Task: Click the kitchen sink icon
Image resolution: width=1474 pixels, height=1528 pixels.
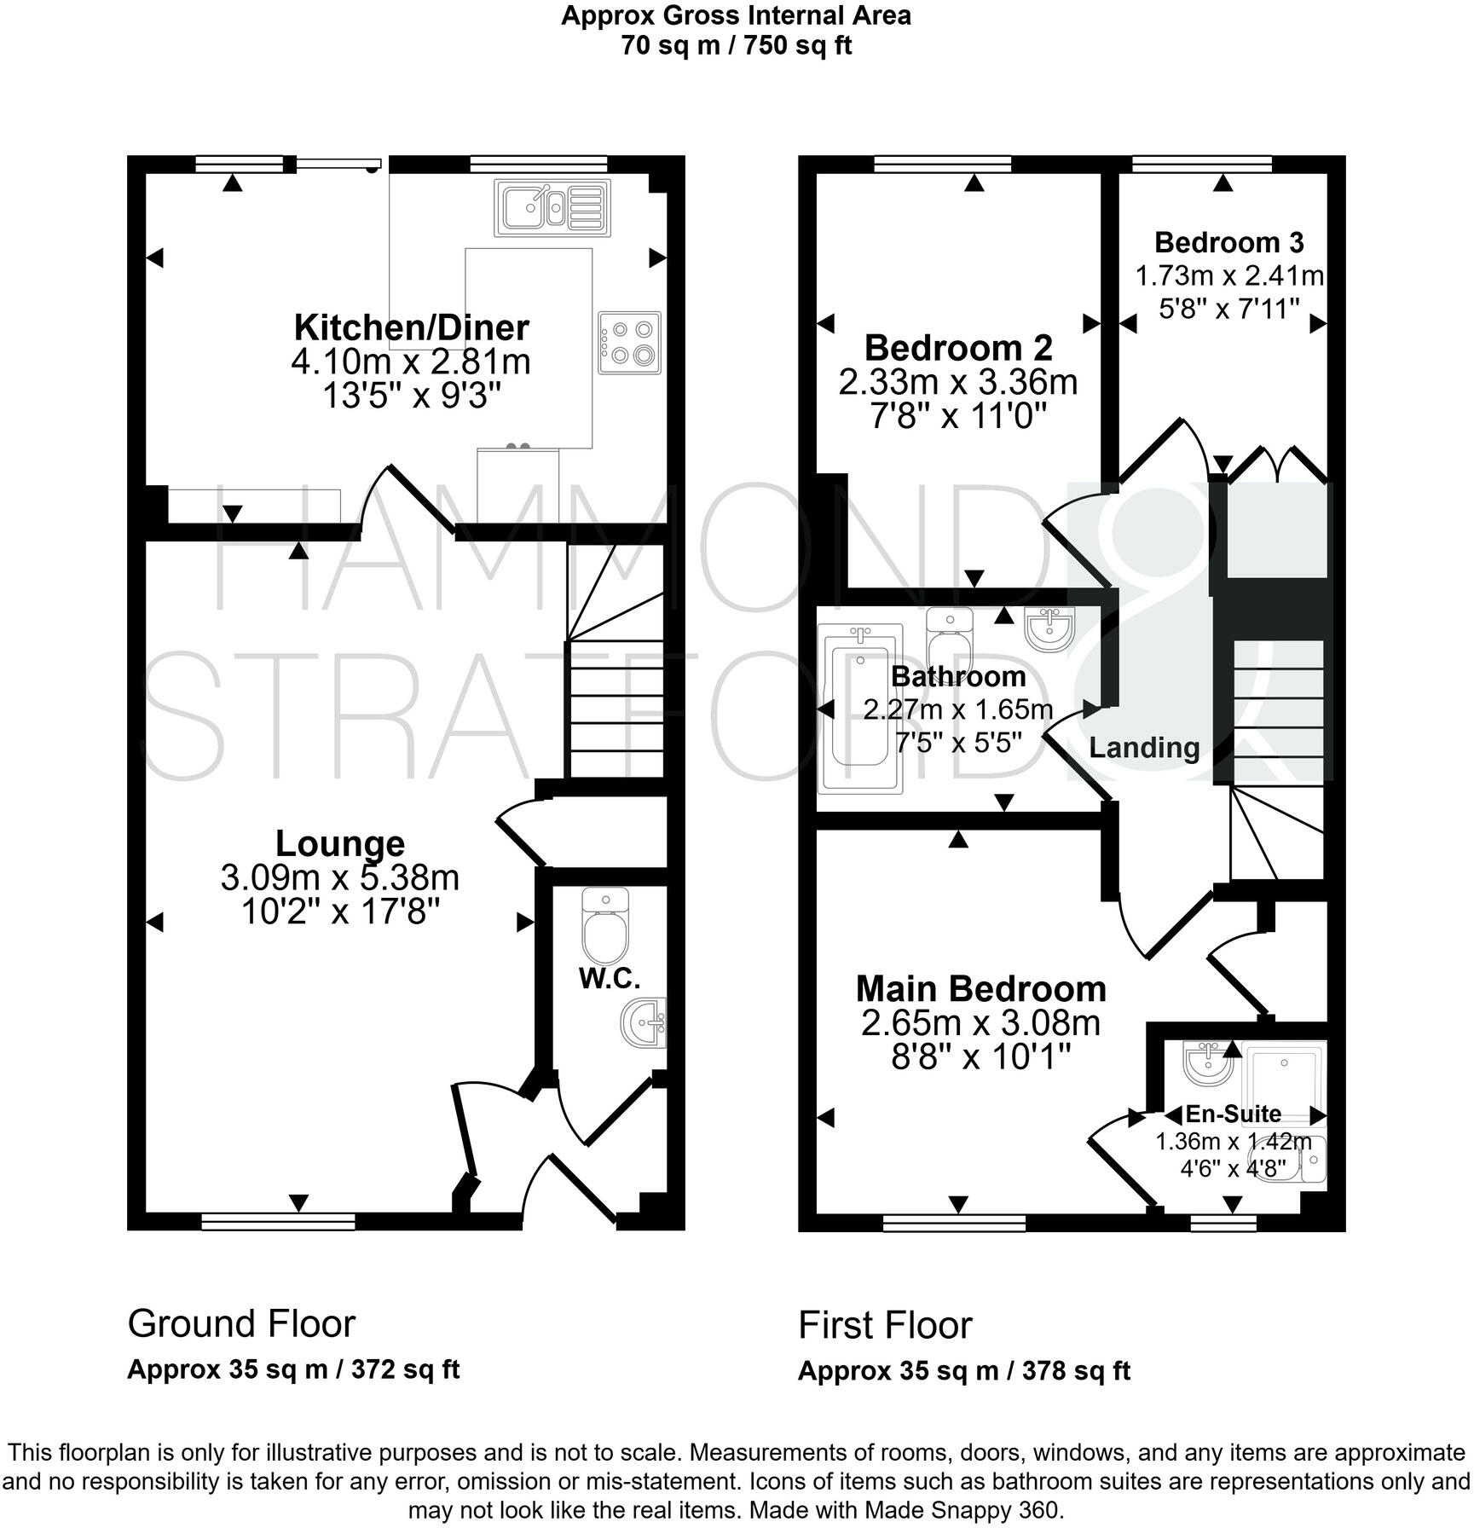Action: coord(552,207)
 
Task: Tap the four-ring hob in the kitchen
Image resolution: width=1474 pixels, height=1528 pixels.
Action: coord(629,342)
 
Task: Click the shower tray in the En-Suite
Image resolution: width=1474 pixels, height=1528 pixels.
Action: coord(1283,1073)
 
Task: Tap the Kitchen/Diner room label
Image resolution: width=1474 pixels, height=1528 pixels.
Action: coord(411,327)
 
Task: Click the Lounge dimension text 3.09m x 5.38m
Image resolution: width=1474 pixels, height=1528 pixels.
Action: coord(340,877)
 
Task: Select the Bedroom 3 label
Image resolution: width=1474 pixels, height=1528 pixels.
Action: coord(1228,243)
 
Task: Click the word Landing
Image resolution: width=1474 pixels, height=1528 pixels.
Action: coord(1144,748)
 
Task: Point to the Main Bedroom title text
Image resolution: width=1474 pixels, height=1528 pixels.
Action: coord(980,989)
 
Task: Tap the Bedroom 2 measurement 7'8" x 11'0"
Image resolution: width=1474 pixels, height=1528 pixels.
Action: coord(957,416)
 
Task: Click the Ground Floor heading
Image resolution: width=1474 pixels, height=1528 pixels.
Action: coord(241,1323)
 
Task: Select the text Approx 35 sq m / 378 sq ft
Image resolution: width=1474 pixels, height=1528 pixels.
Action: coord(963,1371)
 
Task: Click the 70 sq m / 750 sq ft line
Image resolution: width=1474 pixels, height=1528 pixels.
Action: coord(736,45)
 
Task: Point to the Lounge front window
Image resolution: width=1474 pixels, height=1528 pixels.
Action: coord(278,1223)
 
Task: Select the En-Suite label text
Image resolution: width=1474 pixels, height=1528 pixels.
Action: coord(1233,1114)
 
